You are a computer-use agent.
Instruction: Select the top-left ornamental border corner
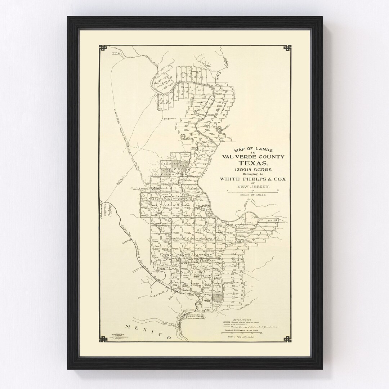(103, 48)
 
